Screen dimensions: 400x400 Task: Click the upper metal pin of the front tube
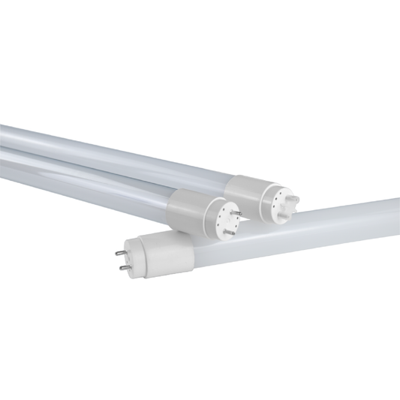pos(120,254)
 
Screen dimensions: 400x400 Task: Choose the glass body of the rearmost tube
pos(113,146)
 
